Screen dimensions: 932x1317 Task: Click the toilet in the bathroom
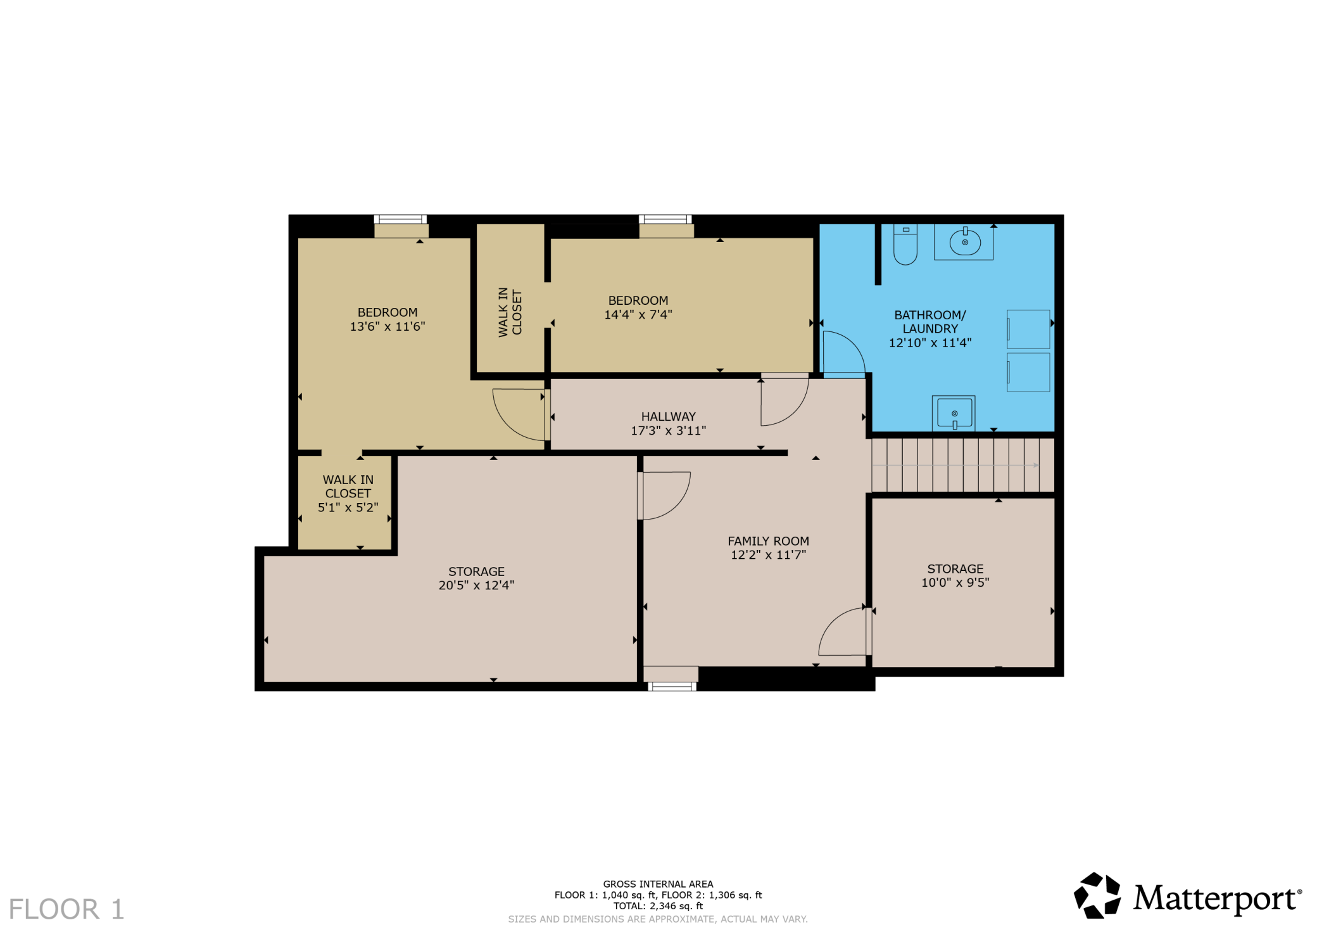[905, 245]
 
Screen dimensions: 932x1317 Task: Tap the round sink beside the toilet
[964, 241]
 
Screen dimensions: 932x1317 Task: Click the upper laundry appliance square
[1028, 329]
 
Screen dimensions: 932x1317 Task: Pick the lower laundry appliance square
[1028, 372]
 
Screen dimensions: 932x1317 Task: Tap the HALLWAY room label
[668, 417]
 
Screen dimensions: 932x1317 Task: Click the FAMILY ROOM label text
[768, 541]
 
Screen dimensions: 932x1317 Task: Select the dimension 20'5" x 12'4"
[476, 585]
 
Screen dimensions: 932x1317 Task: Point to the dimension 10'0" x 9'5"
[955, 583]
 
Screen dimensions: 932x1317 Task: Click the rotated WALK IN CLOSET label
[510, 312]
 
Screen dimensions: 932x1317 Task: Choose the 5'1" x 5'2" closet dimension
[348, 507]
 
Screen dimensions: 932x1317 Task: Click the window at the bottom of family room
[671, 687]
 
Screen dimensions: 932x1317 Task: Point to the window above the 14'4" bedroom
[665, 220]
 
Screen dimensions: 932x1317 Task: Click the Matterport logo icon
[1097, 895]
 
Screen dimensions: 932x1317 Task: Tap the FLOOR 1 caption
[66, 909]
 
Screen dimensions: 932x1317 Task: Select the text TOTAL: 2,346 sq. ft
[658, 907]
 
